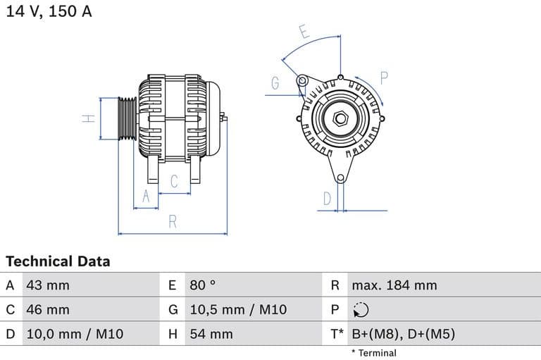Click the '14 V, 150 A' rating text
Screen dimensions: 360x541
click(49, 11)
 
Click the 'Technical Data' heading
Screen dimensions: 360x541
click(58, 261)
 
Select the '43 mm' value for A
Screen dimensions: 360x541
click(48, 285)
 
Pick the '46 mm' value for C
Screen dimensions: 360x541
click(48, 309)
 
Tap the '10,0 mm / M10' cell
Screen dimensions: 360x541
click(75, 334)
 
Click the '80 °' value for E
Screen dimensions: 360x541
click(203, 285)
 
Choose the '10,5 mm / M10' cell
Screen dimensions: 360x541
click(238, 309)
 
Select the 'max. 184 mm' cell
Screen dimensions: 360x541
click(394, 285)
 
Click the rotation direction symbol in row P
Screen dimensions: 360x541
click(361, 310)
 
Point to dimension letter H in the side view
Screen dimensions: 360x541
click(88, 118)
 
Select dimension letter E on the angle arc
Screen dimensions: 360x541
click(304, 32)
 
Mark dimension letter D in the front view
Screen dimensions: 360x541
click(327, 199)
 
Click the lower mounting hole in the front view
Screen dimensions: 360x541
click(340, 178)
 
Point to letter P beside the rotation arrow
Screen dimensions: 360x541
click(385, 77)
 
